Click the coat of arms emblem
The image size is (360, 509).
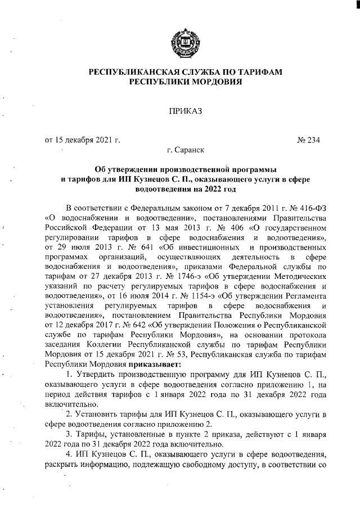(x=180, y=43)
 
